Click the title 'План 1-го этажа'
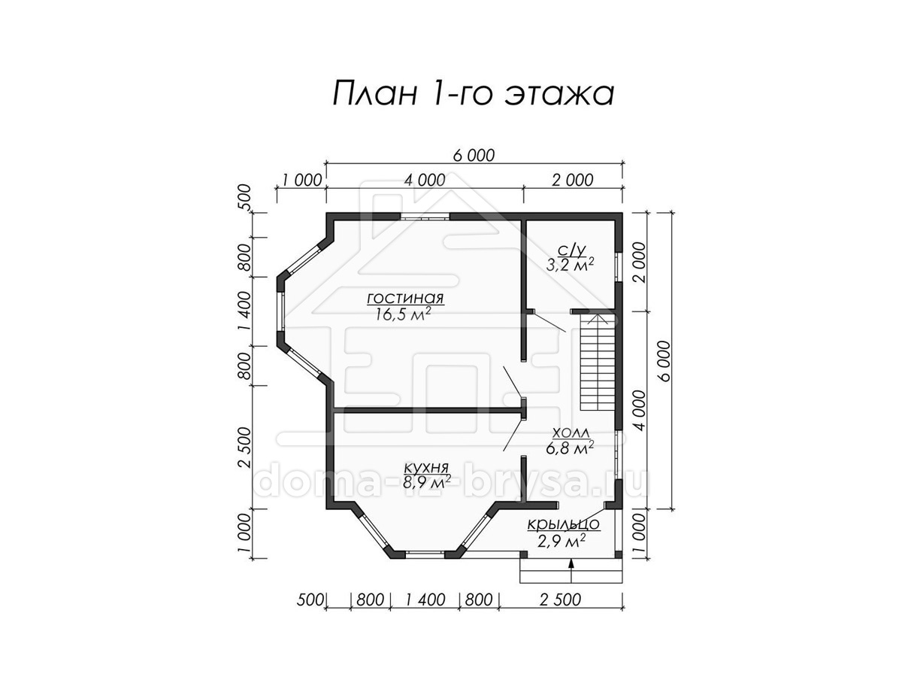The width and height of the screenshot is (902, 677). pos(473,95)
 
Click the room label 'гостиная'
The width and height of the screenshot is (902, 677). pos(405,298)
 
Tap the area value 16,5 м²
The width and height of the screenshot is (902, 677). pos(403,314)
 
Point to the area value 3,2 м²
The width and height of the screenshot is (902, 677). pos(570,265)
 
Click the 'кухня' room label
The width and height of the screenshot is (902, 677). pos(426,468)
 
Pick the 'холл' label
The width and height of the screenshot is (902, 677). pos(571,433)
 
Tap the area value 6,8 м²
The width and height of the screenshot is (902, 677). pos(570,448)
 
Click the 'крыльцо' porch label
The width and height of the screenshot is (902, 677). pos(563,525)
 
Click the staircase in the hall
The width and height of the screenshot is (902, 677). pos(598,362)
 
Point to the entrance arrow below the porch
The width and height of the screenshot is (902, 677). pos(571,570)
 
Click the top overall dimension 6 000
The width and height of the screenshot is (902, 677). pos(474,156)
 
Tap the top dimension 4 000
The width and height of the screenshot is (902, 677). pos(425,180)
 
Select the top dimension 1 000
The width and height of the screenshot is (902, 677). pos(301,180)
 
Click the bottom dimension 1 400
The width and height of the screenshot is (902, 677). pos(425,600)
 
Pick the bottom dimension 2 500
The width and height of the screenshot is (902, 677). pos(561,600)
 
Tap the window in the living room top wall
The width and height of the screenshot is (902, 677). pos(425,217)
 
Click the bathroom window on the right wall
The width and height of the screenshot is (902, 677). pos(619,266)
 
